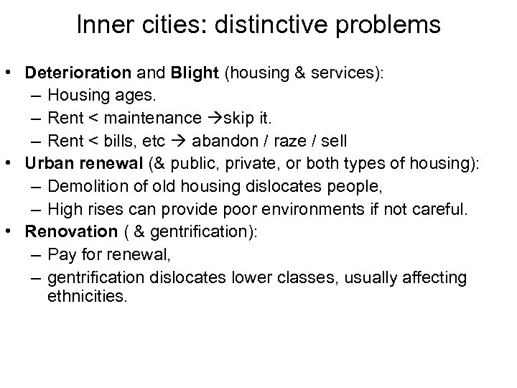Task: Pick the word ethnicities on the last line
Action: click(86, 296)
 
